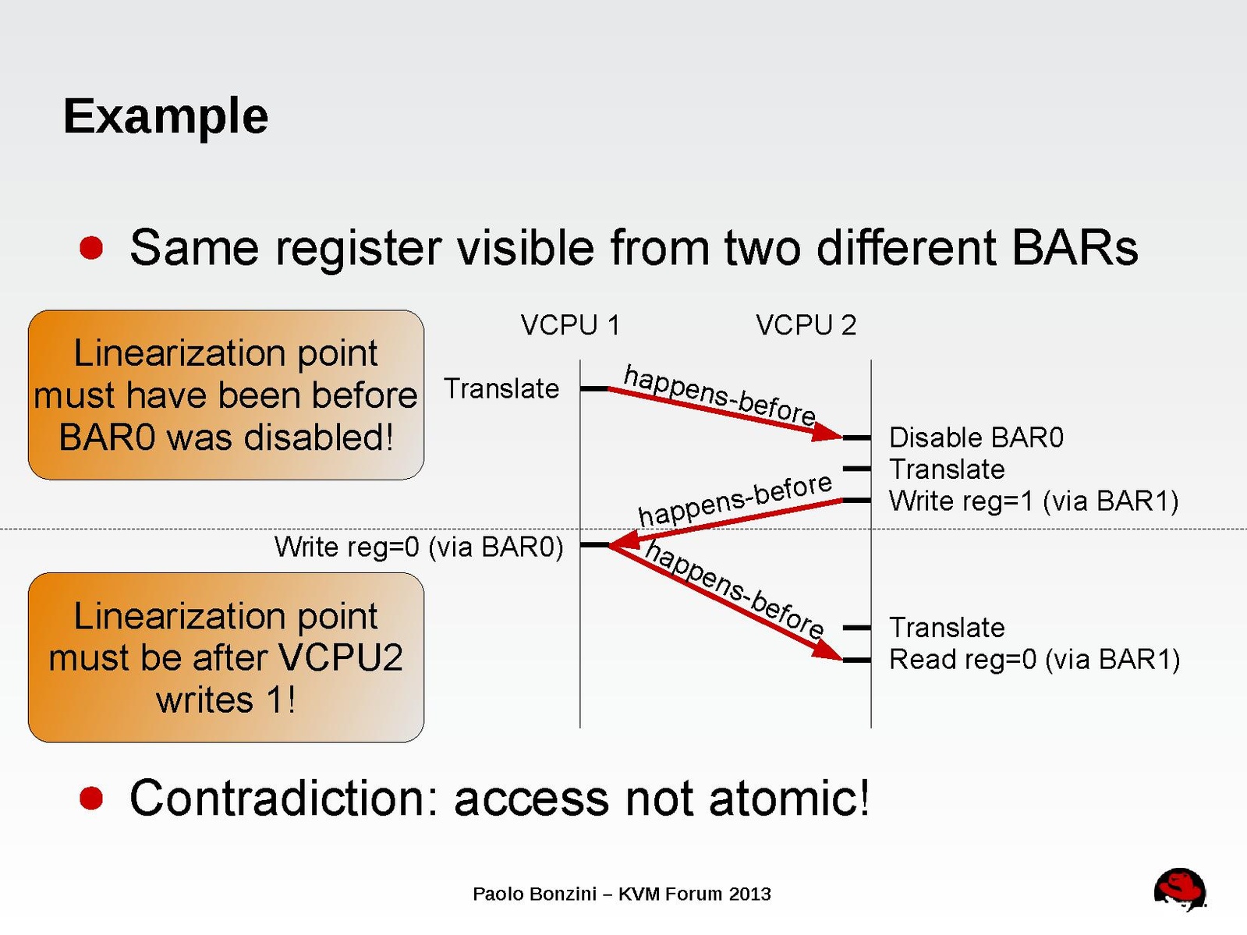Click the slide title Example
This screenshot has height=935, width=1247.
(165, 117)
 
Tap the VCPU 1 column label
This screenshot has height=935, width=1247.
(570, 325)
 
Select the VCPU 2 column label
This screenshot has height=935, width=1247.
(806, 325)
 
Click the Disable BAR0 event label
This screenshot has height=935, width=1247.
(976, 437)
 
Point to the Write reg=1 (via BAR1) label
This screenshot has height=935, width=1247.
(1033, 501)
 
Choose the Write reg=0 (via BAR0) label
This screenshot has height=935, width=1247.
(419, 547)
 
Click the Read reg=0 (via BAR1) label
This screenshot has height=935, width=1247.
(1034, 660)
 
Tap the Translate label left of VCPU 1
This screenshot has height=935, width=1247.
(501, 388)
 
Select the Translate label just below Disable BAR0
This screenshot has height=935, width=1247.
(947, 469)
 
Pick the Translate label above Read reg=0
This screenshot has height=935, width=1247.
(947, 628)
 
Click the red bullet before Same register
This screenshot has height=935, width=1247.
(91, 248)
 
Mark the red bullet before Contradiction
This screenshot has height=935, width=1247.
(91, 799)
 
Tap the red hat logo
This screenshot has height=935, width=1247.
(1180, 889)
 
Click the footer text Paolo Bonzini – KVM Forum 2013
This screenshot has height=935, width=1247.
(622, 894)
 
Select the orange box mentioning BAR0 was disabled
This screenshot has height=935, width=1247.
(226, 395)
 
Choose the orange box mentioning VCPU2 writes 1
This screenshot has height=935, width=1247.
(226, 657)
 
